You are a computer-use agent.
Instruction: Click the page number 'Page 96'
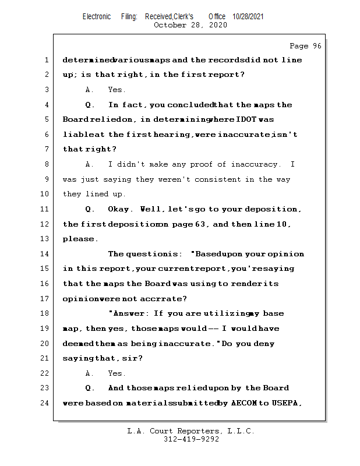coord(305,46)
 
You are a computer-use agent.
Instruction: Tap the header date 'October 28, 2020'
coord(190,25)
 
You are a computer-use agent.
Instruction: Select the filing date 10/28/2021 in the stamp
coord(248,17)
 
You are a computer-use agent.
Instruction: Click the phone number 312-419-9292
coord(191,440)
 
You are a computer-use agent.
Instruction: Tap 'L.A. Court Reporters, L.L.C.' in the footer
coord(191,431)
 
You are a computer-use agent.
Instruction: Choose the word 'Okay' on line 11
coord(119,209)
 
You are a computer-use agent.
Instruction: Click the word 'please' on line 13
coord(79,239)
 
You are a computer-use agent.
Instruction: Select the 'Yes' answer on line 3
coord(116,90)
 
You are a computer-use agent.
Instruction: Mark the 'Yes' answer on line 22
coord(116,373)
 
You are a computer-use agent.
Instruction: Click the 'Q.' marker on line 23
coord(90,388)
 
